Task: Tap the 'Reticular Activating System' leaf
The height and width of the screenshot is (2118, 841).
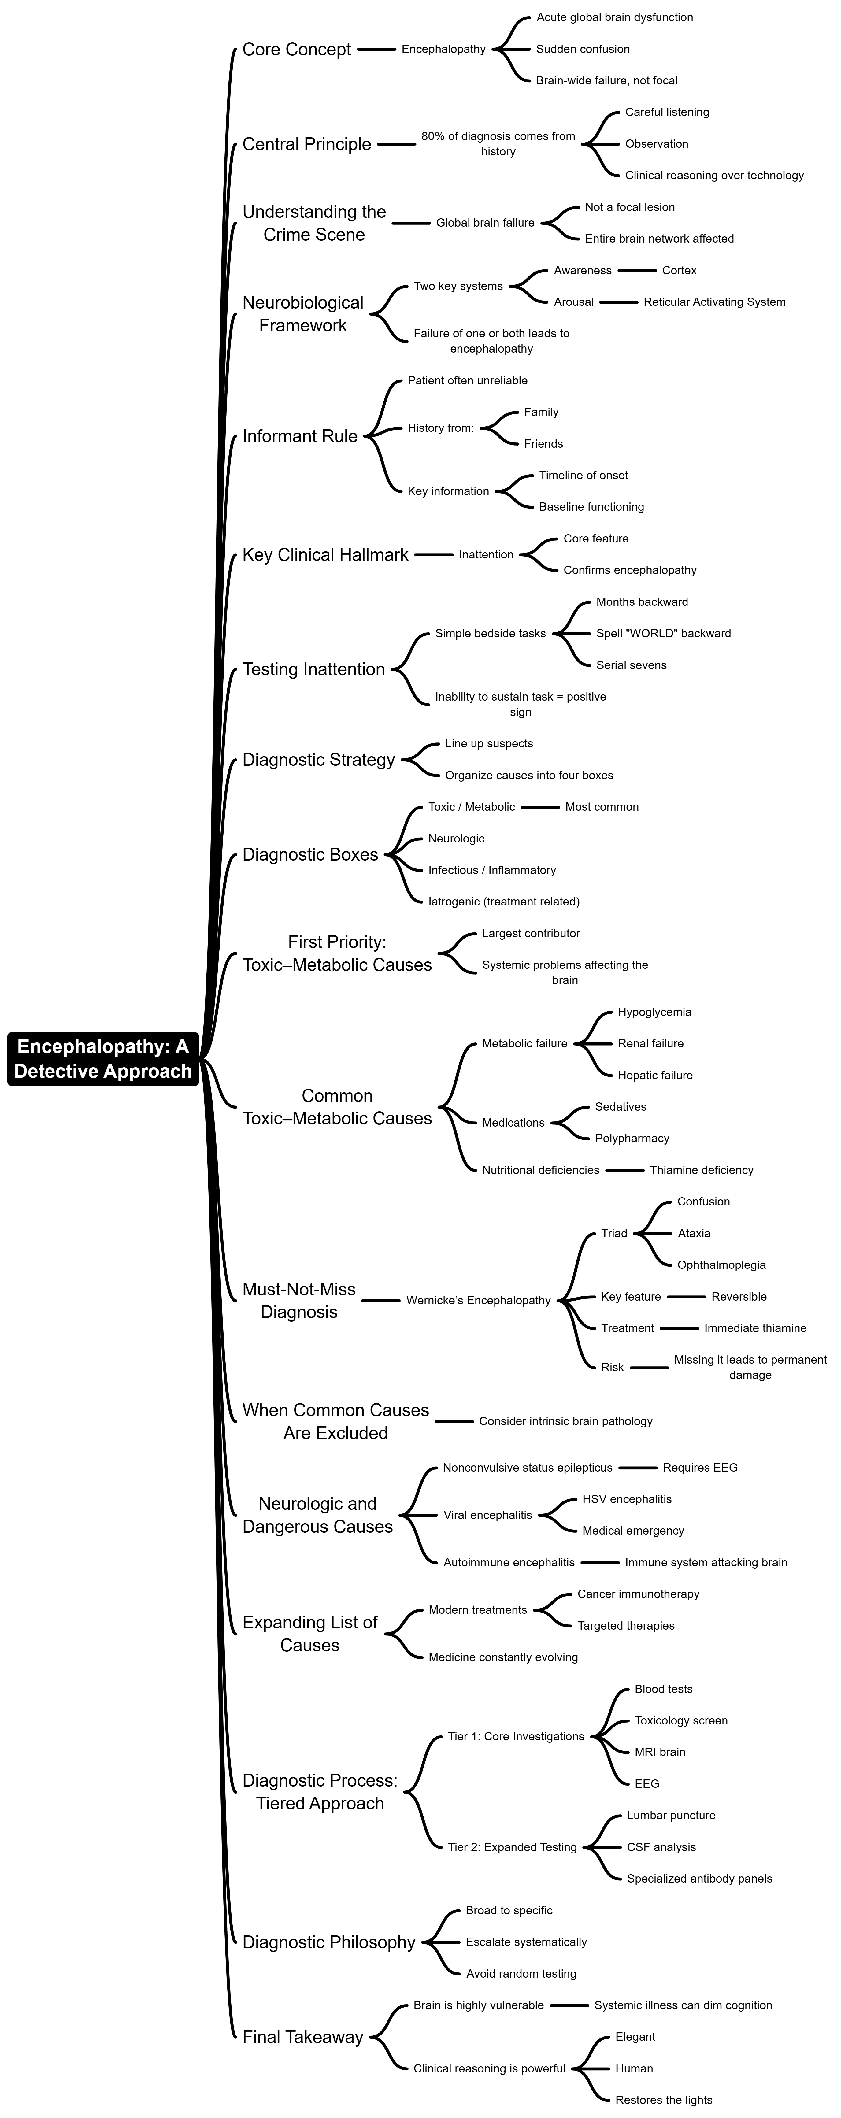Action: click(713, 302)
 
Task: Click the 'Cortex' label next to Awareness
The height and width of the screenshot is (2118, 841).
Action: click(679, 271)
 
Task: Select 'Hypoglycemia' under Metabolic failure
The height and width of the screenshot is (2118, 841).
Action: click(654, 1012)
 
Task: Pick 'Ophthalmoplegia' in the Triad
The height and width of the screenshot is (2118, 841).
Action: click(721, 1265)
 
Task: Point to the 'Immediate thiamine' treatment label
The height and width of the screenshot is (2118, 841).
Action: click(755, 1328)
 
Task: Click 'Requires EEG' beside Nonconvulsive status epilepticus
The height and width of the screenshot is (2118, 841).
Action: click(700, 1468)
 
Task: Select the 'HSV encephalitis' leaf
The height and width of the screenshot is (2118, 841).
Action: click(626, 1499)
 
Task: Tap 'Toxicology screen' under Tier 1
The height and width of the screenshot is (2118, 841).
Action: click(681, 1720)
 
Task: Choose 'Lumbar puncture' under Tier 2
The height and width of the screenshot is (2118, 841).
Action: click(671, 1816)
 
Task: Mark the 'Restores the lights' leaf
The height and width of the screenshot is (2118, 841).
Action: click(663, 2100)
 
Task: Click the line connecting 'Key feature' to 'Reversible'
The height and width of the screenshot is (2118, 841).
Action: click(687, 1297)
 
